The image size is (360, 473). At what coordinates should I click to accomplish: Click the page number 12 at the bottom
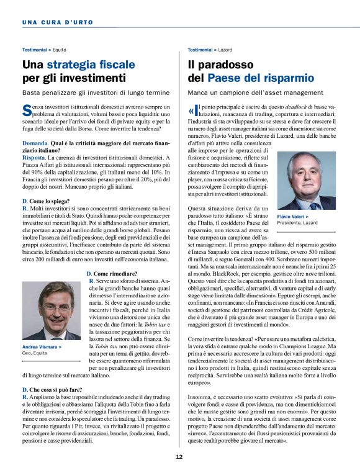(x=178, y=457)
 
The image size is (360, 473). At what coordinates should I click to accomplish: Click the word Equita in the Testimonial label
(x=60, y=49)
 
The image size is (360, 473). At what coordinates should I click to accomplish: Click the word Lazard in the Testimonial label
(x=225, y=49)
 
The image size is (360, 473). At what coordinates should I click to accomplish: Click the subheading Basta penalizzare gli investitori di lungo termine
(x=95, y=92)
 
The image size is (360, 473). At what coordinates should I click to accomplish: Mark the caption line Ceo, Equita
(x=36, y=353)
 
